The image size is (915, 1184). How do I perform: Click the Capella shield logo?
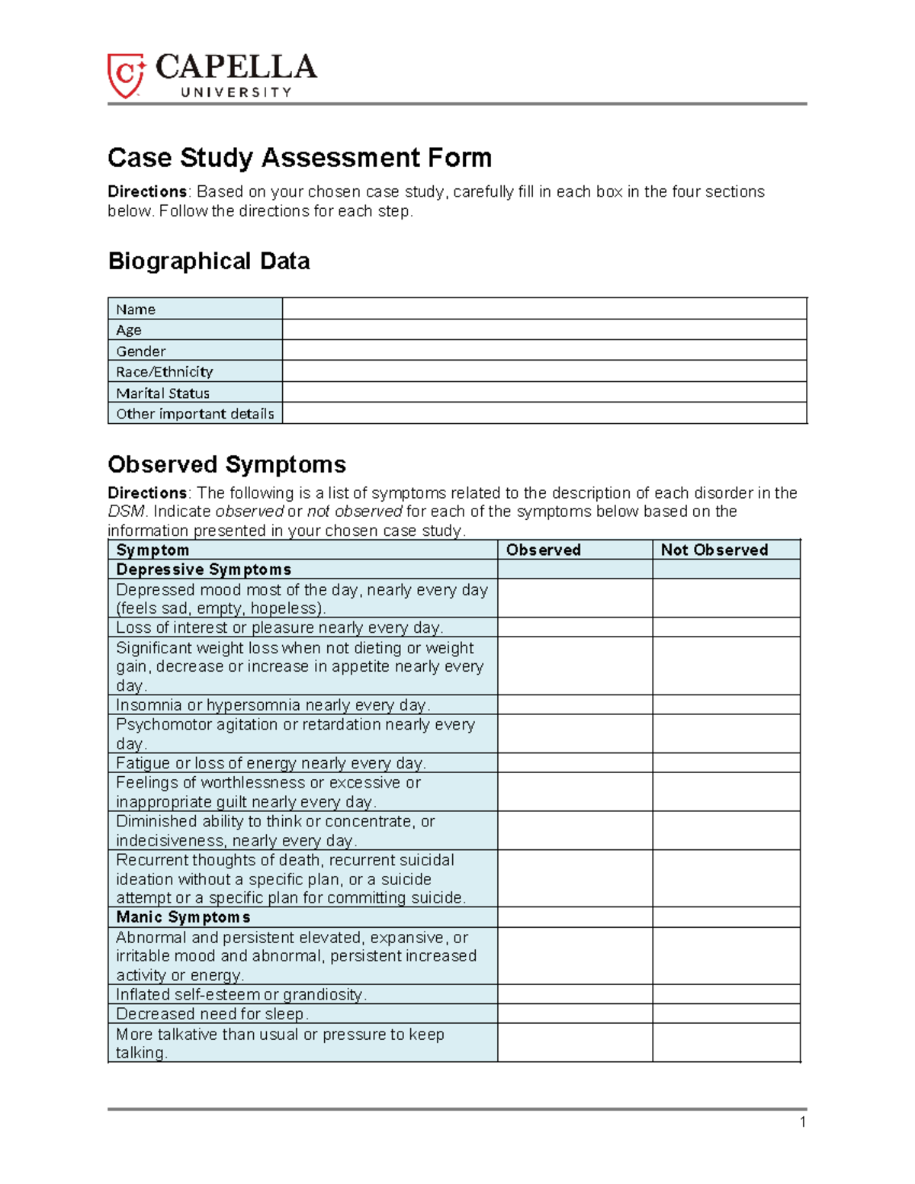coord(125,75)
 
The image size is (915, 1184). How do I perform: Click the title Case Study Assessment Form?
coord(299,158)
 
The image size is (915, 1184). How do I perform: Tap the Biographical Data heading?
coord(209,262)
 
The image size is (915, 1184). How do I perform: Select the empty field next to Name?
coord(544,309)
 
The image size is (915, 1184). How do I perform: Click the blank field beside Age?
coord(544,329)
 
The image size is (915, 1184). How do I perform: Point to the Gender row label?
coord(141,351)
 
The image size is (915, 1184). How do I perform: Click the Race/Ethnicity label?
coord(165,372)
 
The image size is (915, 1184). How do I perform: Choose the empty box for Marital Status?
coord(544,393)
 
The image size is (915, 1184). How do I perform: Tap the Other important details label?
coord(195,414)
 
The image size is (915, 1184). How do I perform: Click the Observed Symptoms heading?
coord(226,464)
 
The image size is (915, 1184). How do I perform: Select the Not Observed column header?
coord(714,550)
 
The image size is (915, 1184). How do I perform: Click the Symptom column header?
coord(152,550)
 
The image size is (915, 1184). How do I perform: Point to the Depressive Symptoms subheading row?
coord(204,570)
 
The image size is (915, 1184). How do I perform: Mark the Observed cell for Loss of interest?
coord(574,627)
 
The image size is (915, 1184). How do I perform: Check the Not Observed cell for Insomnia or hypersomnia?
coord(725,704)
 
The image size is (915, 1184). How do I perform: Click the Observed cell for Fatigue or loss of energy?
coord(574,763)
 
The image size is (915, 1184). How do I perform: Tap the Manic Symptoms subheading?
coord(183,917)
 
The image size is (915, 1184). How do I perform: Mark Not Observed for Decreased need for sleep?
coord(725,1014)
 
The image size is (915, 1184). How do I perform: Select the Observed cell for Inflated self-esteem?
coord(574,994)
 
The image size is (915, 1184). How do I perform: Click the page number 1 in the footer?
coord(803,1121)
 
